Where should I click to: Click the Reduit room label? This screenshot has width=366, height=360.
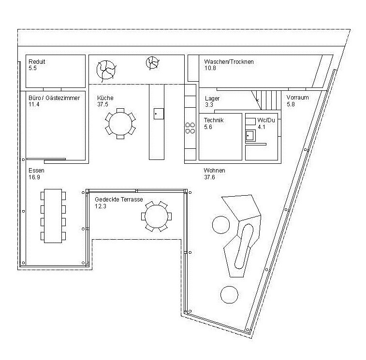[37, 62]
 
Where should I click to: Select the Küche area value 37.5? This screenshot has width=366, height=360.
[102, 104]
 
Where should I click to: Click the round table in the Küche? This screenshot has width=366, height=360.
[120, 124]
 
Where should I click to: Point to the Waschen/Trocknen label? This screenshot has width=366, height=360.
[229, 62]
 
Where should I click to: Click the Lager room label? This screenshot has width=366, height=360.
[212, 98]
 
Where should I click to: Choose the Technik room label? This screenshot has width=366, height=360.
[214, 120]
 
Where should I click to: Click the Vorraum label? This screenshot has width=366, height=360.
[297, 98]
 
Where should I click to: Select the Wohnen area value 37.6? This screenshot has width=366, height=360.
[209, 177]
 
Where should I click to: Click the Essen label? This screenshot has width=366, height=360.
[37, 171]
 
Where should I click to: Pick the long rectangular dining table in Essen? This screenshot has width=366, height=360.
[53, 215]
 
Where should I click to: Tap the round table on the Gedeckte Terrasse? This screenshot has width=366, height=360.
[157, 216]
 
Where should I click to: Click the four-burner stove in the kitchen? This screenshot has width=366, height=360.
[190, 128]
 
